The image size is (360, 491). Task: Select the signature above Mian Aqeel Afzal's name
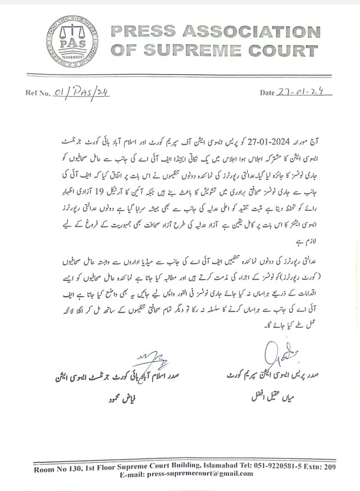(277, 354)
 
